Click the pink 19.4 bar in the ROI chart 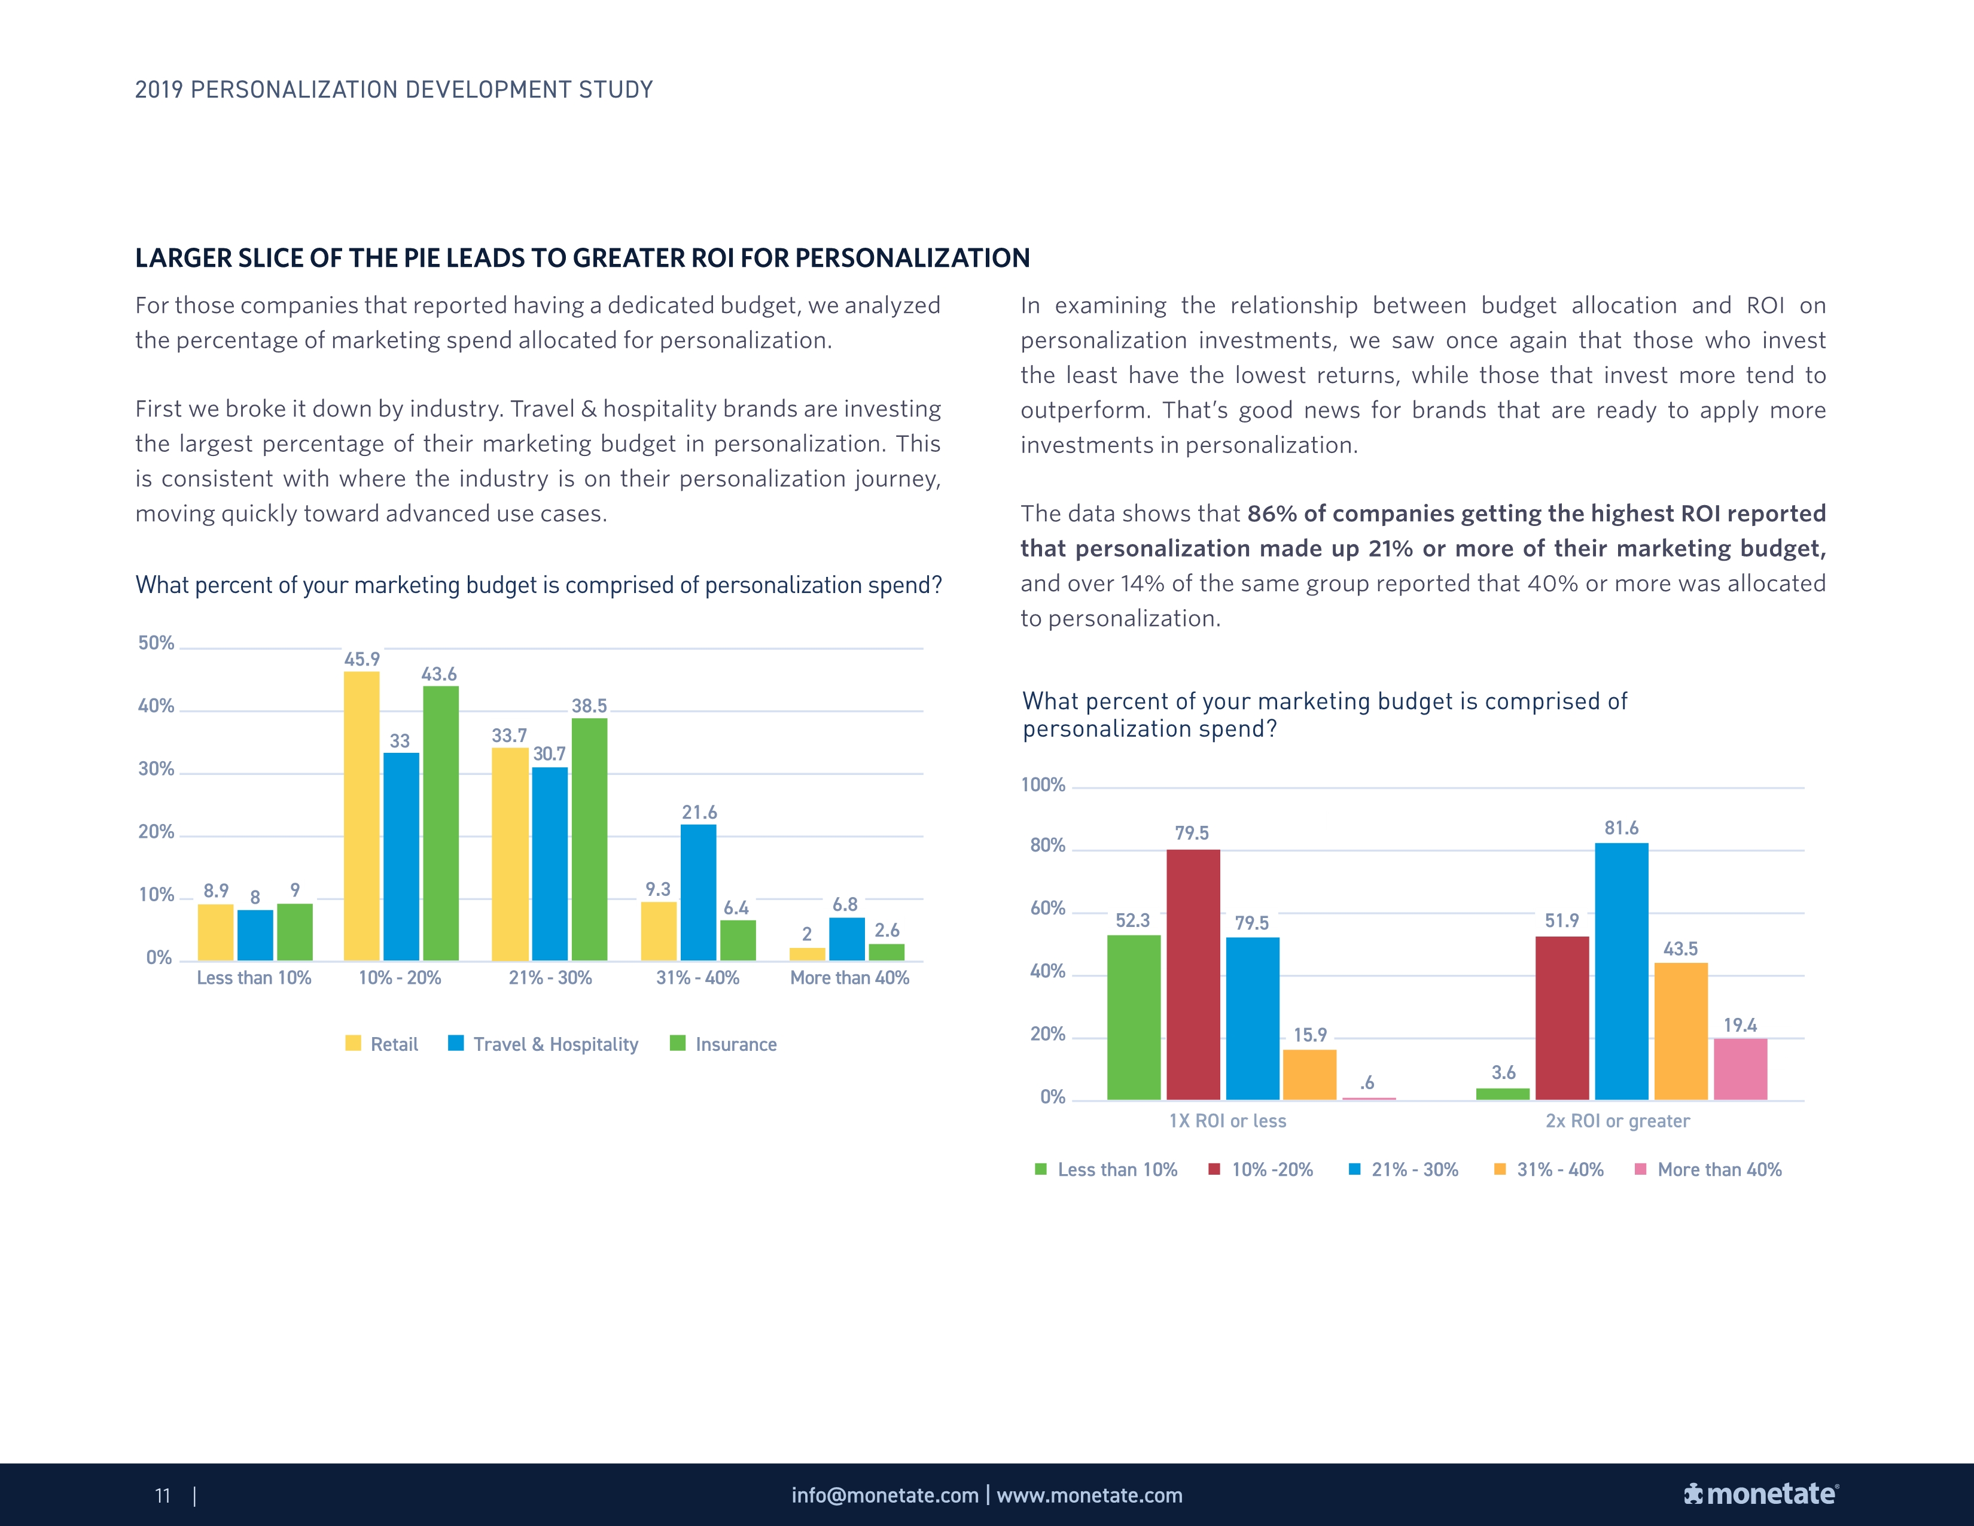click(x=1740, y=1069)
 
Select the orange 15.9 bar click(x=1309, y=1074)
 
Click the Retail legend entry click(x=382, y=1044)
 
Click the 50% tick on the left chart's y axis click(x=156, y=643)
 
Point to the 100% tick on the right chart click(x=1043, y=785)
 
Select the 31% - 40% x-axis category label click(x=697, y=977)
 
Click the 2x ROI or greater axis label click(x=1617, y=1121)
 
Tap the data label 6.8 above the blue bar click(x=845, y=904)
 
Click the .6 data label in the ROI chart click(x=1367, y=1082)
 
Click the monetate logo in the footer click(x=1760, y=1494)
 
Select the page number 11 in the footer click(x=163, y=1495)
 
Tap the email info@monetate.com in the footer click(x=885, y=1495)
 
